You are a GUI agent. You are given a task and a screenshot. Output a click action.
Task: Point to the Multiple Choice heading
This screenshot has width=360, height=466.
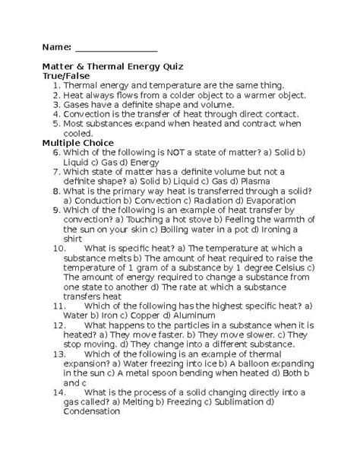[x=78, y=142]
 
